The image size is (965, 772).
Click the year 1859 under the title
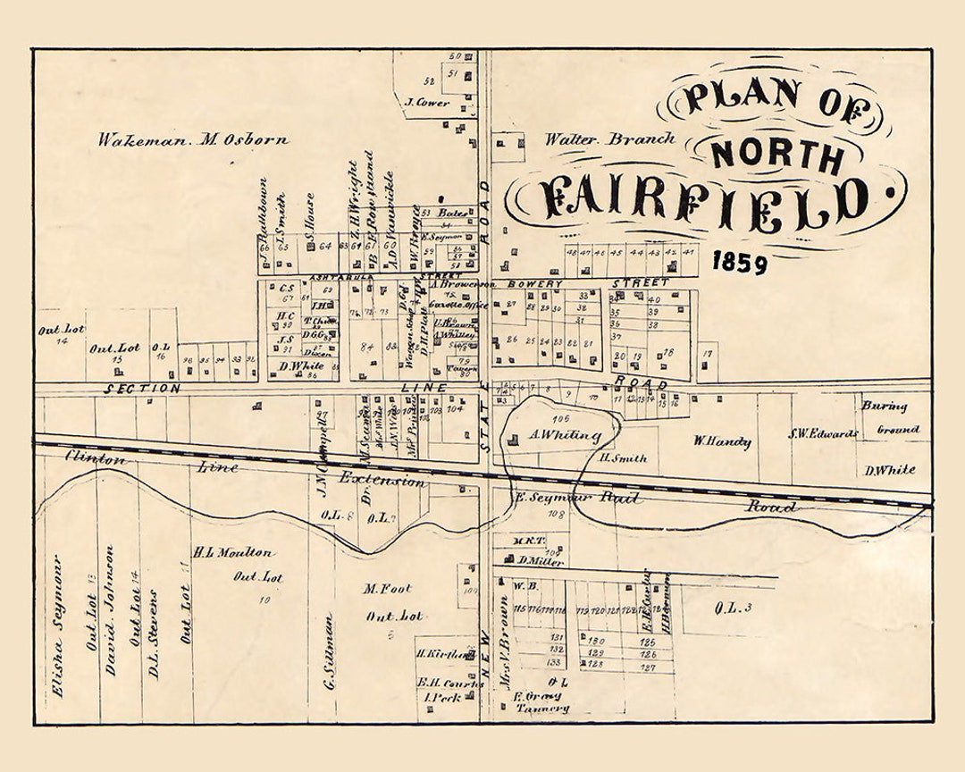(x=740, y=263)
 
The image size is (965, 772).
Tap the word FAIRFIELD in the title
(x=706, y=199)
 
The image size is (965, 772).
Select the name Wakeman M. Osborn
(x=193, y=139)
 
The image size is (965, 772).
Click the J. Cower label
(x=426, y=104)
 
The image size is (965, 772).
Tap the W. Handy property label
(x=722, y=441)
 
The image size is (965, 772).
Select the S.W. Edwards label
(x=823, y=435)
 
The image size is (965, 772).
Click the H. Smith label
(x=623, y=458)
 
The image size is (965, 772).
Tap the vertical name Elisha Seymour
(x=58, y=625)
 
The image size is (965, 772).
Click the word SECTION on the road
(x=142, y=389)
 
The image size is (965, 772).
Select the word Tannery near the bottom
(x=542, y=709)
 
